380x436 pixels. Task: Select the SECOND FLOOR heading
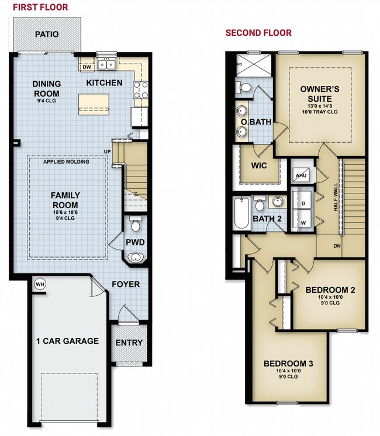[x=258, y=33]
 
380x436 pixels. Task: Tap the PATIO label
[x=46, y=34]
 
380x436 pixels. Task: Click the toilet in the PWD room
[x=136, y=224]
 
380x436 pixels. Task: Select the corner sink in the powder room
[x=136, y=257]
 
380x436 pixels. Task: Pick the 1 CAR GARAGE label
[x=67, y=341]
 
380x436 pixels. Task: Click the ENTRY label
[x=129, y=342]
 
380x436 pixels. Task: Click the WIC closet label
[x=258, y=165]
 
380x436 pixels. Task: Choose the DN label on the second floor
[x=337, y=245]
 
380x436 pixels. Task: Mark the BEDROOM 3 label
[x=288, y=364]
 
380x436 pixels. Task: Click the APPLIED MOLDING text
[x=67, y=162]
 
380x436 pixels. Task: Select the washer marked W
[x=303, y=222]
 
